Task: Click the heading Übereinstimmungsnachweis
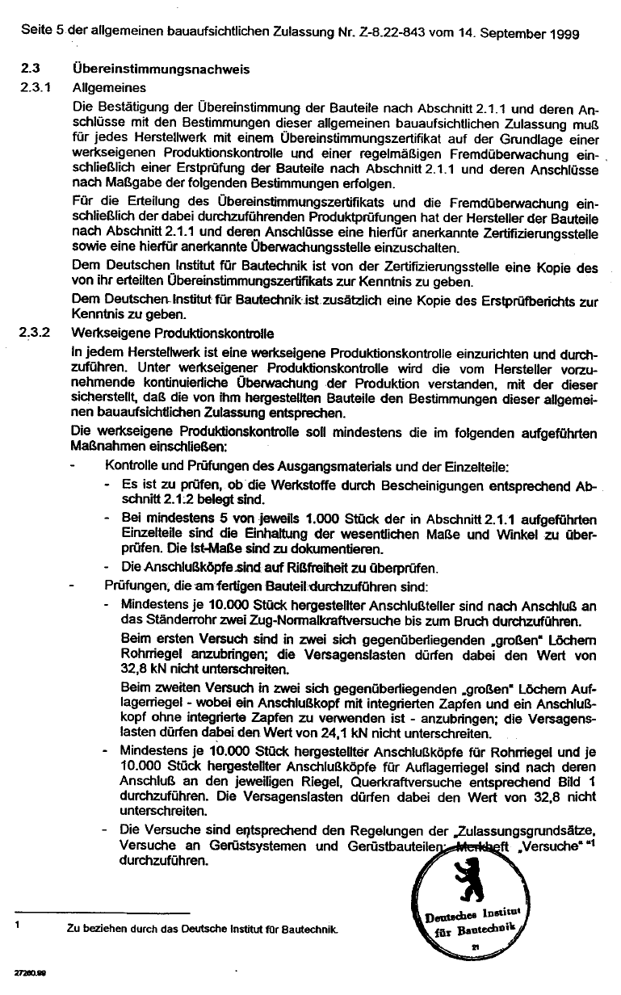(162, 70)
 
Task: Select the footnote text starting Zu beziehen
(202, 929)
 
